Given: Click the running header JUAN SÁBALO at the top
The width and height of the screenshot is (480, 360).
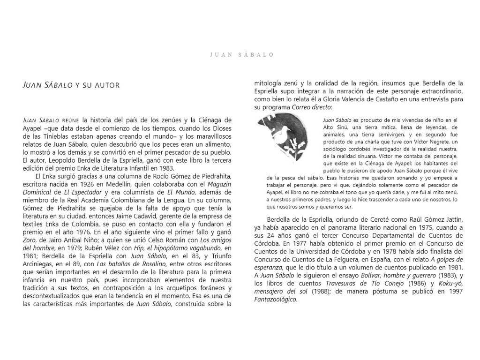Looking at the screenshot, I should (242, 55).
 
